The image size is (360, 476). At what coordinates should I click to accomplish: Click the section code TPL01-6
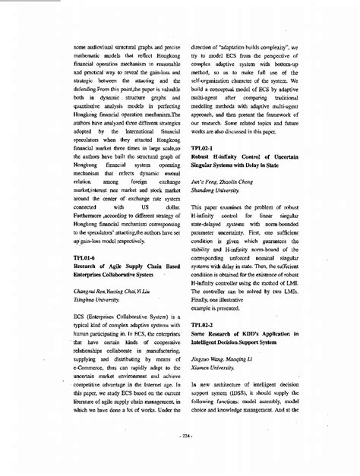coord(87,257)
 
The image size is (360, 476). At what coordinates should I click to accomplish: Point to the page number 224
coord(181,436)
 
